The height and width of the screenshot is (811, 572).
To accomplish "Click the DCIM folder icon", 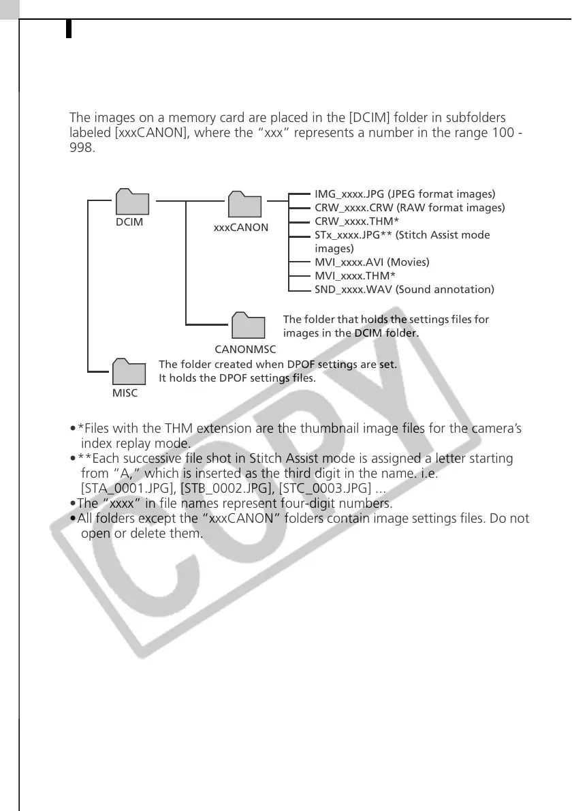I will click(x=132, y=202).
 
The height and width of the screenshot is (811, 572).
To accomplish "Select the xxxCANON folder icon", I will click(x=245, y=204).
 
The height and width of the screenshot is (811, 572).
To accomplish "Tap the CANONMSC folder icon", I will click(x=249, y=326).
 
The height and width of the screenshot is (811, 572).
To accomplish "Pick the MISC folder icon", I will click(x=129, y=371).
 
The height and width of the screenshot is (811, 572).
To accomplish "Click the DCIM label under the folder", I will click(x=129, y=222).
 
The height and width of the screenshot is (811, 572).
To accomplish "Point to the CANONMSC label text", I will click(x=245, y=349).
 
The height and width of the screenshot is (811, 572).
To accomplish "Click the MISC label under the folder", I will click(x=125, y=393).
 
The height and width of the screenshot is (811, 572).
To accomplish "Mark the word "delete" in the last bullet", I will click(x=164, y=534).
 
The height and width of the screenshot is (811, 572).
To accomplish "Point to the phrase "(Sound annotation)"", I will click(x=445, y=289).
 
